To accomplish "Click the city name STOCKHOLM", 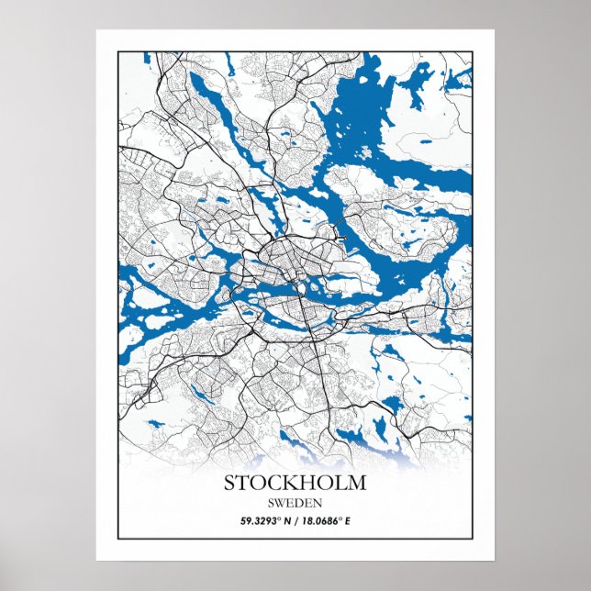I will (x=295, y=483).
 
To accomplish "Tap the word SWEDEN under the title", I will (x=295, y=503).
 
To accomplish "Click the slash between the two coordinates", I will (x=295, y=521).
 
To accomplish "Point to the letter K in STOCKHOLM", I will (x=286, y=483).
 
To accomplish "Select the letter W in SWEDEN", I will (x=280, y=503).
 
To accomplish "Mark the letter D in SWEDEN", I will (x=298, y=503).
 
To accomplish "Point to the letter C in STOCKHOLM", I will (x=270, y=483).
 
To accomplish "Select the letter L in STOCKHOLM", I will (x=339, y=483).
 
